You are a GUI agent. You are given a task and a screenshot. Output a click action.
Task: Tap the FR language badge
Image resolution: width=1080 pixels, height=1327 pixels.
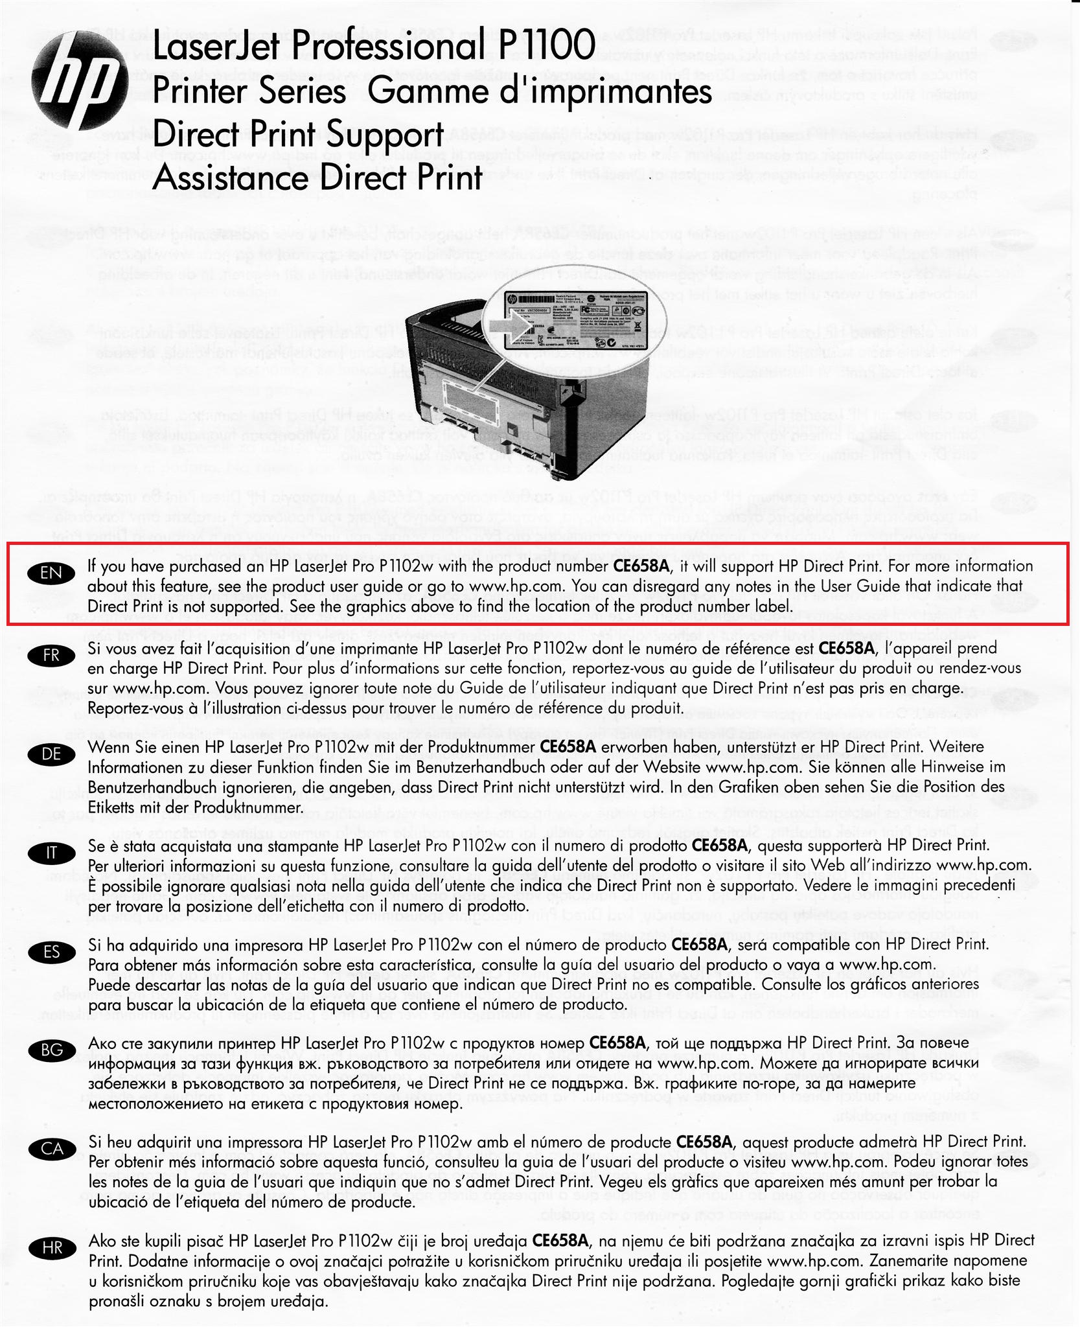51,655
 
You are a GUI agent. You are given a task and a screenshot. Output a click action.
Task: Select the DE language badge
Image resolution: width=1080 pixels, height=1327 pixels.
51,754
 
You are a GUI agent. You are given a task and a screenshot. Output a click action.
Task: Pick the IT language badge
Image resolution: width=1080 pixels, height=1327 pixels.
51,853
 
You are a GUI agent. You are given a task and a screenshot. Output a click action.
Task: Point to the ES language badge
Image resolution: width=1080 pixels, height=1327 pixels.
51,952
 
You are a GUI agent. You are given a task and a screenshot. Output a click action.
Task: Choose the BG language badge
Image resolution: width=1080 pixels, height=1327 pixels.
51,1050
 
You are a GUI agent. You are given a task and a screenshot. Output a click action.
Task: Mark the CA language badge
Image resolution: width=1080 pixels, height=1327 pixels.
51,1149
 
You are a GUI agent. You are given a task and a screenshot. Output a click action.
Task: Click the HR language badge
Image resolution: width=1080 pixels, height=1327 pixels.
51,1248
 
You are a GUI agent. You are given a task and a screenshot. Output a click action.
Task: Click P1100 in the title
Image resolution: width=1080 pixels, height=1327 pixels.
547,47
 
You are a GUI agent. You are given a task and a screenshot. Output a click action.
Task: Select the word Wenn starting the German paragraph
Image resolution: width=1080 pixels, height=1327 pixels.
109,746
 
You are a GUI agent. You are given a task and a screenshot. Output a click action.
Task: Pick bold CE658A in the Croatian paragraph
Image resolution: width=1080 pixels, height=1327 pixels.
560,1240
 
